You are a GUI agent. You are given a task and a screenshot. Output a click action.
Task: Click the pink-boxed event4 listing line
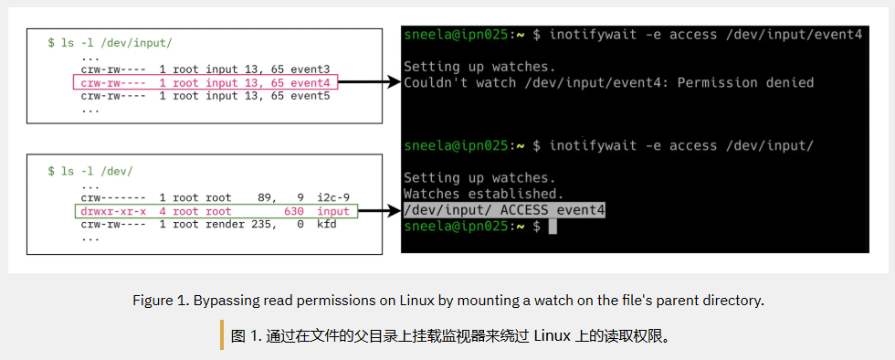[205, 83]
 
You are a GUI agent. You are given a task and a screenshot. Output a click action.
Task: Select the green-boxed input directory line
[216, 211]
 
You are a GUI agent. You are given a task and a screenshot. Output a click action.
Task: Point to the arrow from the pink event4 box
[370, 83]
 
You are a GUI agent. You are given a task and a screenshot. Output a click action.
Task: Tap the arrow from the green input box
[380, 211]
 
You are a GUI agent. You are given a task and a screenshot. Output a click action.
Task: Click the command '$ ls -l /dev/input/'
[111, 44]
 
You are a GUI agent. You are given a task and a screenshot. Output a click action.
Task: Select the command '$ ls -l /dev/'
[90, 172]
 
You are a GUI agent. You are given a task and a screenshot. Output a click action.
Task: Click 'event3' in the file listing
[311, 69]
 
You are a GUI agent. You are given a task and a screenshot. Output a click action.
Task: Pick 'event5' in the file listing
[311, 96]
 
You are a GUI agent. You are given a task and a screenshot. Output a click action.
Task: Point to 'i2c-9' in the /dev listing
[333, 198]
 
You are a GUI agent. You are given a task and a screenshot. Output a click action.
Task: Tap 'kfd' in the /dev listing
[327, 224]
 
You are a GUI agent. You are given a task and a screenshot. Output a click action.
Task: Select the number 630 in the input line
[294, 211]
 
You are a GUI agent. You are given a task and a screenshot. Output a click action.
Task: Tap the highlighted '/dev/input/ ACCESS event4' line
[504, 210]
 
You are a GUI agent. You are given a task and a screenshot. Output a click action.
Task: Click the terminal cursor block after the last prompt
[552, 227]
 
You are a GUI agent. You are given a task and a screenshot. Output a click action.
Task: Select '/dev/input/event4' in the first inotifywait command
[794, 35]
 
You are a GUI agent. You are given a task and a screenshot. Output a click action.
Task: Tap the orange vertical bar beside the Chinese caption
[222, 335]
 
